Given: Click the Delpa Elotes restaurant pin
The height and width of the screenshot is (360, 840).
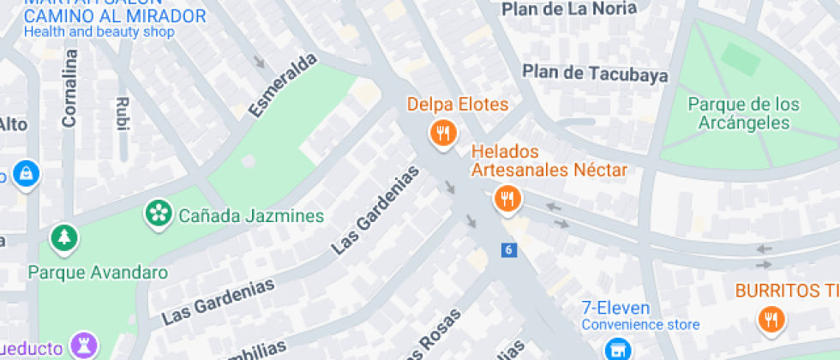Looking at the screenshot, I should coord(442,133).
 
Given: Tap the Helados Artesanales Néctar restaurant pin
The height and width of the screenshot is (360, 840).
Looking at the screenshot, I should coord(507,200).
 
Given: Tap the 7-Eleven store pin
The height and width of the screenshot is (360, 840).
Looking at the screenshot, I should coord(614,348).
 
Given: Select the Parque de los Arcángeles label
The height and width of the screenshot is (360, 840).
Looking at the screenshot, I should coord(744,114).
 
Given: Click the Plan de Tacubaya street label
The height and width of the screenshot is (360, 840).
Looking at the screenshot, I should coord(595,74).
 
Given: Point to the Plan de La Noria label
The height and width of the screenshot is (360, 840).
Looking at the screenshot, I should coord(569,9).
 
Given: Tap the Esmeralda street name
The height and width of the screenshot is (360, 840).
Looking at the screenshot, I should coord(282,85).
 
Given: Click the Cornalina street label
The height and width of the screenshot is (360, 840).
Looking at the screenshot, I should coord(69,88).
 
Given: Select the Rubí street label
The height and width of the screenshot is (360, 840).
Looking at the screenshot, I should coord(122,113).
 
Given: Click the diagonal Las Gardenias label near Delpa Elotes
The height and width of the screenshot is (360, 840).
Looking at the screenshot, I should coord(376,209).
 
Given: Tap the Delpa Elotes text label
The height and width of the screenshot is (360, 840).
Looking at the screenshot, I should coord(458,105).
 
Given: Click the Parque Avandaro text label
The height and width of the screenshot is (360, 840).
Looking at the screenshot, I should coord(98,273).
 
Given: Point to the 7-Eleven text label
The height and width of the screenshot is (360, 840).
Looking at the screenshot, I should coord(615,308).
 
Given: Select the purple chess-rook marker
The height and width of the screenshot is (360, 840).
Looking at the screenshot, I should coord(85,346).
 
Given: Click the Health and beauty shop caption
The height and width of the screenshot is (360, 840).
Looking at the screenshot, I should coord(99,33).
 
